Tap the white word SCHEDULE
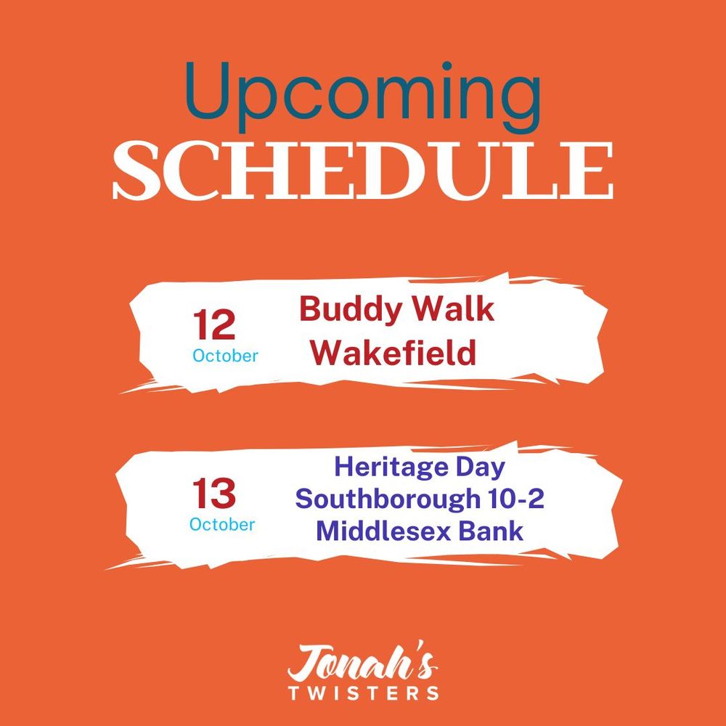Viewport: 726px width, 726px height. [x=363, y=171]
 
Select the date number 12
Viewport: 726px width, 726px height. [x=214, y=325]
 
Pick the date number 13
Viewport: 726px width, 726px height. [x=214, y=493]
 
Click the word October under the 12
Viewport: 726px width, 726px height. [x=226, y=356]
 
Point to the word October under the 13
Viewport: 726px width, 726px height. [x=222, y=524]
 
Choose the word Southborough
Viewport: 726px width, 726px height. [x=388, y=499]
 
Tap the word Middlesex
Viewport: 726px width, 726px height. [x=383, y=531]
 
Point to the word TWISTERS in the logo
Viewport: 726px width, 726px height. [x=364, y=693]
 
